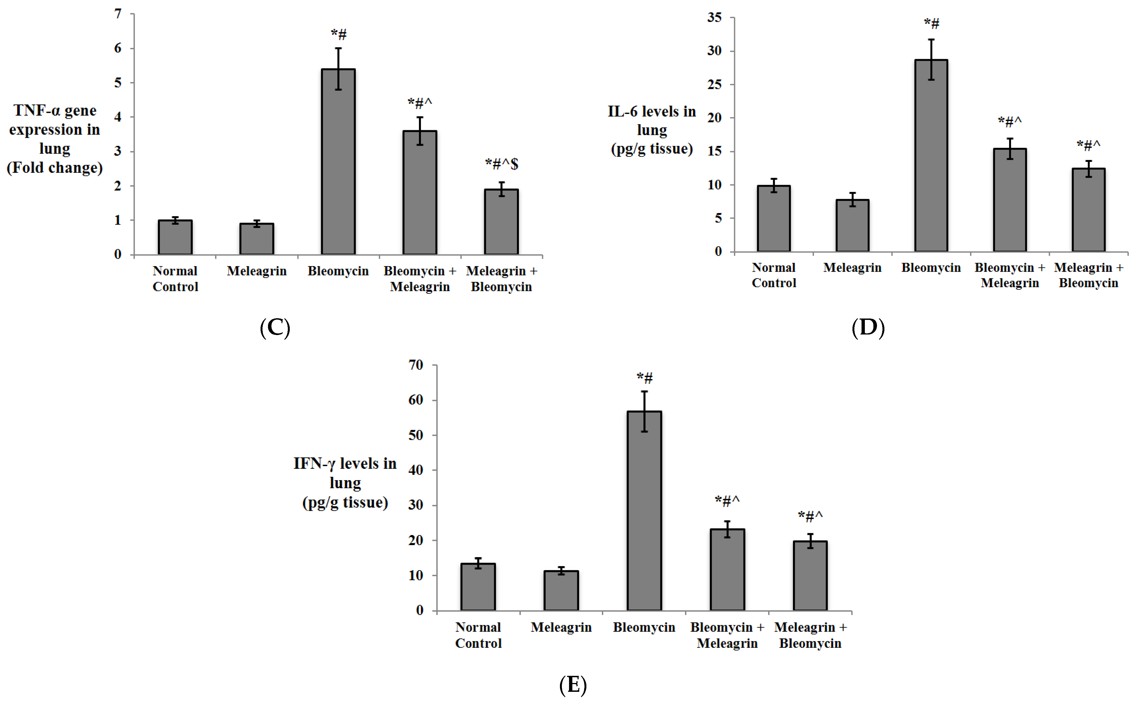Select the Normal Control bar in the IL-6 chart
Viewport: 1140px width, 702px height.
click(x=773, y=219)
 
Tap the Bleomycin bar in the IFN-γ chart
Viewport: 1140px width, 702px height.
click(x=644, y=511)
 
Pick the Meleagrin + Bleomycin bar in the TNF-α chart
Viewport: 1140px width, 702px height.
click(x=501, y=222)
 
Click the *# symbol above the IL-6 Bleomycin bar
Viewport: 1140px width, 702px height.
click(x=932, y=23)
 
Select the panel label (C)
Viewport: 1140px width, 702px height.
click(x=275, y=328)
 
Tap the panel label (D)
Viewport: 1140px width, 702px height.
click(x=868, y=328)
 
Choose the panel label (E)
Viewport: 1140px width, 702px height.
click(x=573, y=685)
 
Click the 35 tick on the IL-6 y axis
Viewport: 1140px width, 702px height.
click(x=714, y=18)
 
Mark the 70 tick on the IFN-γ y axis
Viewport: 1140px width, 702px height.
click(x=416, y=365)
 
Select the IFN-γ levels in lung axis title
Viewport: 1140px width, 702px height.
click(x=345, y=483)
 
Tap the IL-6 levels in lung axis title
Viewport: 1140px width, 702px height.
click(x=652, y=130)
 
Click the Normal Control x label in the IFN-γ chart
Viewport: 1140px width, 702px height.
click(x=478, y=635)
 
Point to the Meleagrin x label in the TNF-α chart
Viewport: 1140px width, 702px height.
click(x=256, y=271)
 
